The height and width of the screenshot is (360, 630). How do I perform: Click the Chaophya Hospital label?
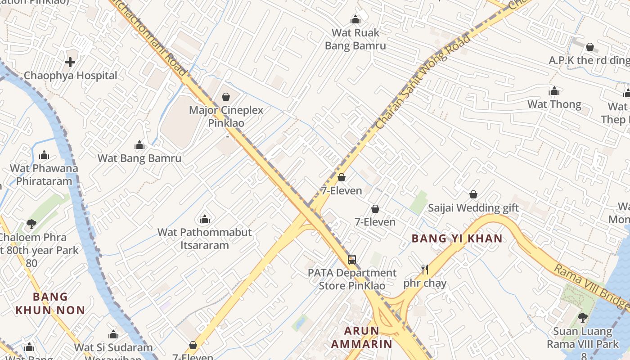coord(70,76)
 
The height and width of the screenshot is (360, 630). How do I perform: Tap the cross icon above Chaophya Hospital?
coord(70,62)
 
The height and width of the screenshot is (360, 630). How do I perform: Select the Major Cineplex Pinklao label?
coord(226,117)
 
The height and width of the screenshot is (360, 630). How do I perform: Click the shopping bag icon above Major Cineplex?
coord(226,97)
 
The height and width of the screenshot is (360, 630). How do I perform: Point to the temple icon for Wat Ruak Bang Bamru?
coord(355,19)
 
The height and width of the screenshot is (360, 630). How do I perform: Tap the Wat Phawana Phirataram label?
coord(44,175)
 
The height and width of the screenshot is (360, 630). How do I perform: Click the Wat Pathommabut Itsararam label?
coord(204,238)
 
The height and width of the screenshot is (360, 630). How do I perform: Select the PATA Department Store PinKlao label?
coord(352,279)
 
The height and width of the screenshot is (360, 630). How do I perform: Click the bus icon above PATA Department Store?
coord(352,260)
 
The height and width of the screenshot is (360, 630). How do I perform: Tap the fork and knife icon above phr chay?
coord(424,270)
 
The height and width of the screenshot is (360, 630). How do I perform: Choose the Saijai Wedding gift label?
coord(473,208)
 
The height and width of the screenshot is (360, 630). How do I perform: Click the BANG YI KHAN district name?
coord(457,238)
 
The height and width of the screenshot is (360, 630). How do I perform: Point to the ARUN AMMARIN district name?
coord(361,337)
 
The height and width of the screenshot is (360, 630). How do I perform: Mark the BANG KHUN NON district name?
coord(50,303)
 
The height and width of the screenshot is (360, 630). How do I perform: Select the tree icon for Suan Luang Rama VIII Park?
coord(582,318)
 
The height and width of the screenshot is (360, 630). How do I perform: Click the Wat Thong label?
coord(554,104)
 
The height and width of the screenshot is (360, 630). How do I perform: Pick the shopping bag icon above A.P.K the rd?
coord(589,47)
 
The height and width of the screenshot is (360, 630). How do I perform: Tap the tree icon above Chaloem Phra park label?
coord(31,224)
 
